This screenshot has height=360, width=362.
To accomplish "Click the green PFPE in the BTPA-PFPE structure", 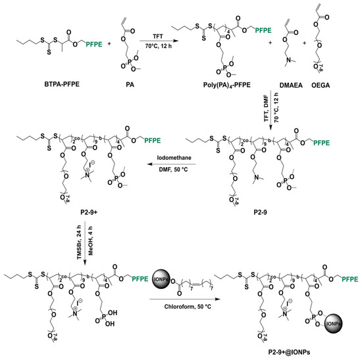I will click(96, 44).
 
